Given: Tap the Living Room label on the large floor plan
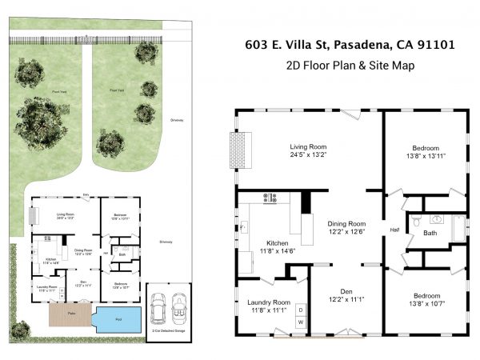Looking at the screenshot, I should [308, 146].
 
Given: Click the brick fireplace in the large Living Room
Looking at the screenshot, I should [238, 146].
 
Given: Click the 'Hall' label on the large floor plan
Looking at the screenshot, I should [394, 230].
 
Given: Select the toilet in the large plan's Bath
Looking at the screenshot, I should [415, 222].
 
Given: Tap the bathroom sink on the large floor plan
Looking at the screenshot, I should [437, 218].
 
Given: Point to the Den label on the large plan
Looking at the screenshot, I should [346, 290].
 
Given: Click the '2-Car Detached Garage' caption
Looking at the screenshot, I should [169, 330].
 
